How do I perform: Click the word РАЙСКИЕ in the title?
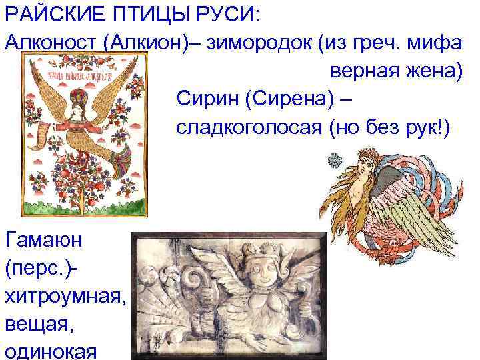point(49,13)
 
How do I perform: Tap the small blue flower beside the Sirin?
point(332,159)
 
